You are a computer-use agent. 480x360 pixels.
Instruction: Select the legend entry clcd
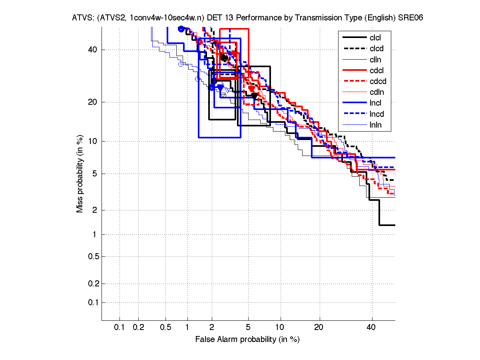coord(375,49)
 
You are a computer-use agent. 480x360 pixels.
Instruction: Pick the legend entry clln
coord(375,60)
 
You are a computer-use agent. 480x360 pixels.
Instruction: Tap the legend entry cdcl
coord(375,71)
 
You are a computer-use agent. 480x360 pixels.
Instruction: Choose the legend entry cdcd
coord(377,82)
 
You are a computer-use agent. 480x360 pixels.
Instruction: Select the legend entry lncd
coord(376,114)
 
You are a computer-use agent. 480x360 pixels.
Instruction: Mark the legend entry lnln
coord(375,125)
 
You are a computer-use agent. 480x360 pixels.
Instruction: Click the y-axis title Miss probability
coord(80,174)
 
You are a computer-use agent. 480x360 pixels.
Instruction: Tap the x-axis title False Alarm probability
coord(247,340)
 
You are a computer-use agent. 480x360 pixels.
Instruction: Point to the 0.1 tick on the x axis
coord(120,328)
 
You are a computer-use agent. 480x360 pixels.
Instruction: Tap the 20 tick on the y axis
coord(93,102)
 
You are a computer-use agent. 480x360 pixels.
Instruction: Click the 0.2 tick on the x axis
coord(138,328)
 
